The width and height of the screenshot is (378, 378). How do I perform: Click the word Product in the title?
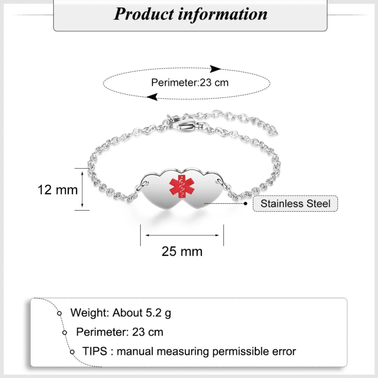(x=144, y=14)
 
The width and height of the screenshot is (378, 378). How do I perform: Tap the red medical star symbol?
(x=180, y=187)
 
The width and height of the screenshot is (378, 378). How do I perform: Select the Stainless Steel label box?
(x=295, y=204)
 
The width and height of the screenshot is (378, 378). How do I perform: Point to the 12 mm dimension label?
(x=58, y=190)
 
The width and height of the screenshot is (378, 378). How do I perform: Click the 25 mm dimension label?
(x=182, y=251)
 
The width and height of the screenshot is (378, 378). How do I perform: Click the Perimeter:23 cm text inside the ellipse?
(x=189, y=82)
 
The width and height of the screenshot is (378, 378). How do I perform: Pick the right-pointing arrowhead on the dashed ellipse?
(x=216, y=69)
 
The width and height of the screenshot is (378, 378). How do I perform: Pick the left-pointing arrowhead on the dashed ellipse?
(x=152, y=97)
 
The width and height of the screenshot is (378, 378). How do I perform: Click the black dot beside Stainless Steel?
(x=246, y=204)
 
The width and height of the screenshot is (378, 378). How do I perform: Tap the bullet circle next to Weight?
(x=60, y=313)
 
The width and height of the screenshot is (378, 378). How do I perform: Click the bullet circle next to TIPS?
(x=72, y=352)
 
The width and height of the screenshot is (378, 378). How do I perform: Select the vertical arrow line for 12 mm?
(x=83, y=189)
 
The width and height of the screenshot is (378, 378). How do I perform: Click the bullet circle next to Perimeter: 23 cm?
(x=65, y=332)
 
